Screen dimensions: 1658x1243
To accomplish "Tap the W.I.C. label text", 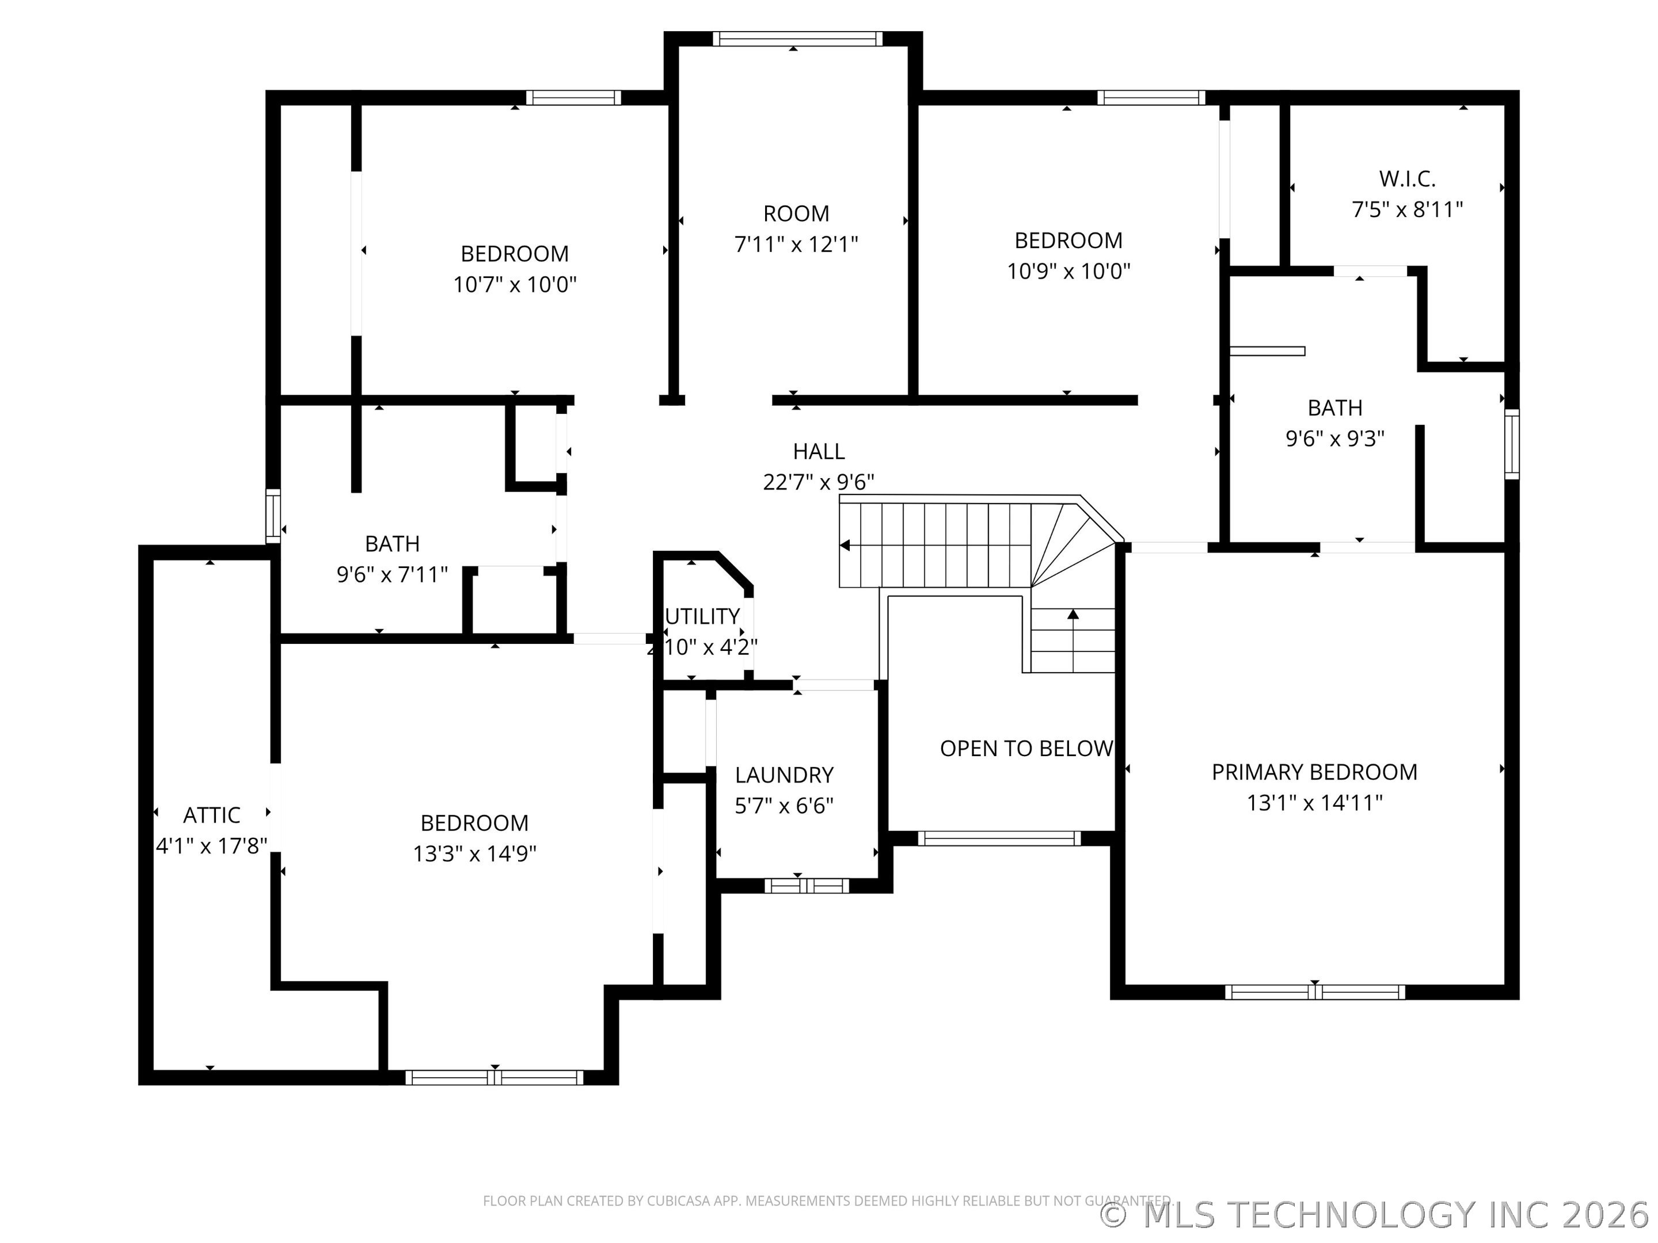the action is point(1407,179).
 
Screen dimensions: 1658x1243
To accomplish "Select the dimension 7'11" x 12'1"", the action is point(796,244).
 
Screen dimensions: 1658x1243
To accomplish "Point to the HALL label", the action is point(819,451).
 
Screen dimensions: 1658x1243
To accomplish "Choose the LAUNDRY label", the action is point(784,774).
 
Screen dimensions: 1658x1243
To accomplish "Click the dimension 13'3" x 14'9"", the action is point(474,853).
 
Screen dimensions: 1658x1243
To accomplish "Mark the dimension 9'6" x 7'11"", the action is point(392,575).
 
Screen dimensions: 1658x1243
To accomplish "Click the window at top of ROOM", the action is point(797,39).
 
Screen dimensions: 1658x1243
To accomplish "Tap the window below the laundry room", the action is point(807,886).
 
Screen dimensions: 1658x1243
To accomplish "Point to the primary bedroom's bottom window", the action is point(1315,992).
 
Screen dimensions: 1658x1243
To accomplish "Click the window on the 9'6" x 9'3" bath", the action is point(1512,444).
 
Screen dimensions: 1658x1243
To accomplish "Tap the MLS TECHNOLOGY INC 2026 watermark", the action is point(1378,1215).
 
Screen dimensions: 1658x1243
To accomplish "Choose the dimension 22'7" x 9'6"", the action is point(819,482).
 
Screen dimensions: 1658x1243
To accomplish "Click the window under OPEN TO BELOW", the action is point(999,838).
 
